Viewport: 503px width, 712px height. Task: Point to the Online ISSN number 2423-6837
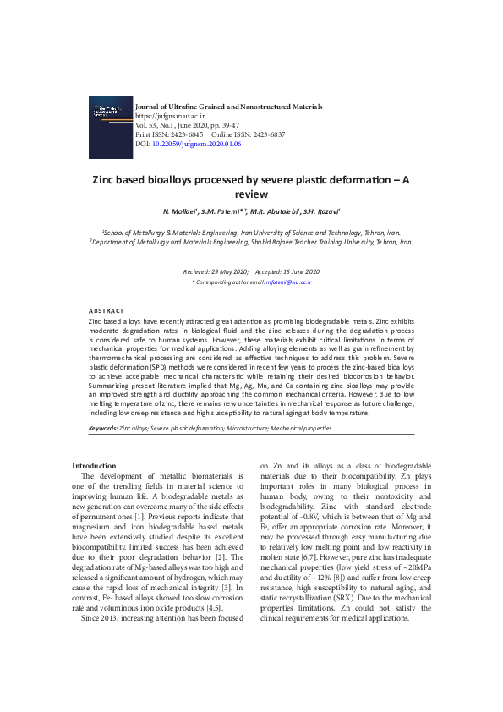(x=266, y=134)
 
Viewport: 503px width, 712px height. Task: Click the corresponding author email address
(x=290, y=280)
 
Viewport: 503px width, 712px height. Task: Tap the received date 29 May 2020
(x=227, y=271)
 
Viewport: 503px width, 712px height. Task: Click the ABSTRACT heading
(x=106, y=311)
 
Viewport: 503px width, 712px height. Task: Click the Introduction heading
(x=94, y=466)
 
